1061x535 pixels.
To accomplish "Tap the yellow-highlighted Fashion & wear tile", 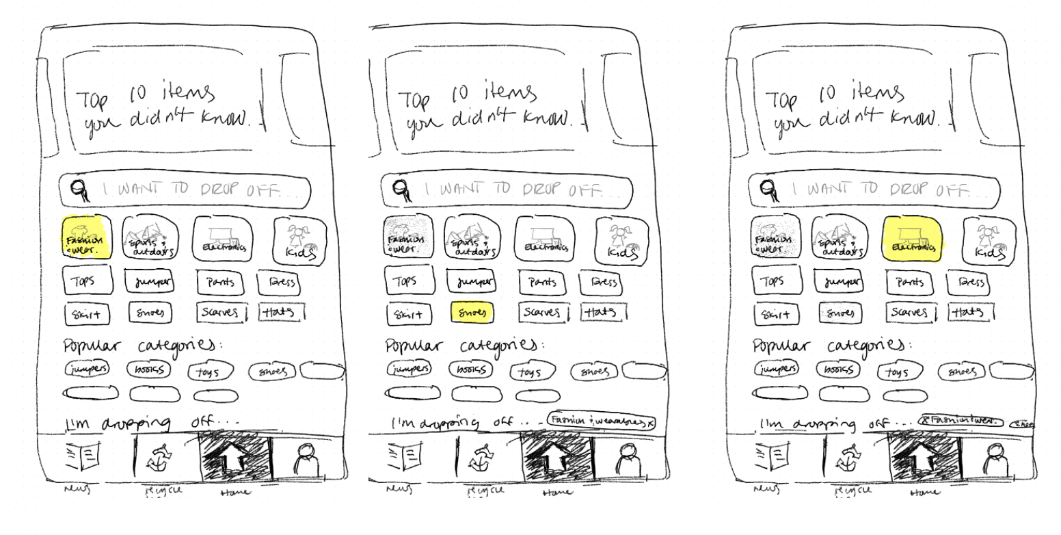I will (85, 237).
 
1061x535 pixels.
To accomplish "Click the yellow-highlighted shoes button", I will (472, 312).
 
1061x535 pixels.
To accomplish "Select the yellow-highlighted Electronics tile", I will (913, 238).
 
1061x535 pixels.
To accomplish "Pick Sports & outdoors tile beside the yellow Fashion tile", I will (148, 238).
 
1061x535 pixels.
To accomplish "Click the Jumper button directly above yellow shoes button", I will (472, 281).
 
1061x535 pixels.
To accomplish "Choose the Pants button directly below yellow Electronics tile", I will (910, 281).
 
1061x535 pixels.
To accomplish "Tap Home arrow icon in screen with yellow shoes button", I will (556, 457).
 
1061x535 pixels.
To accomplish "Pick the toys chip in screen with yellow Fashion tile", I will (210, 371).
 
